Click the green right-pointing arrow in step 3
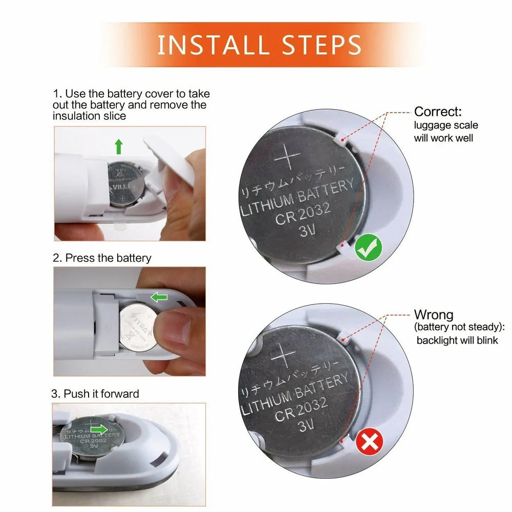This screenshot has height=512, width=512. [99, 429]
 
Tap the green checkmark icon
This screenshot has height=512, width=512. [369, 249]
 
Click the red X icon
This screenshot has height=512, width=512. [369, 442]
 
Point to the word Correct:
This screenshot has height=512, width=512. [438, 111]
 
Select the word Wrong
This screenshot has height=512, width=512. [433, 314]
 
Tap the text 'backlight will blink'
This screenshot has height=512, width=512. [457, 340]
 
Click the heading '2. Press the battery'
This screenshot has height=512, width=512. [102, 258]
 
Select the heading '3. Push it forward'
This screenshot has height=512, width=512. [95, 394]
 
